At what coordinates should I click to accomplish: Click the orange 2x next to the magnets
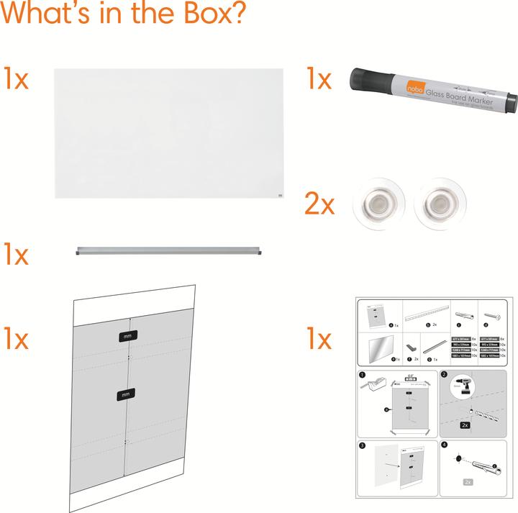click(x=319, y=205)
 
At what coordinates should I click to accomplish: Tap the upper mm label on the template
click(x=127, y=336)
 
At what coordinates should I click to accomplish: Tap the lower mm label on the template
click(x=127, y=394)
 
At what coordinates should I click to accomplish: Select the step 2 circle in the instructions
click(x=444, y=376)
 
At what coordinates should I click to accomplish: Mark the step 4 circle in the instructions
click(x=444, y=445)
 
